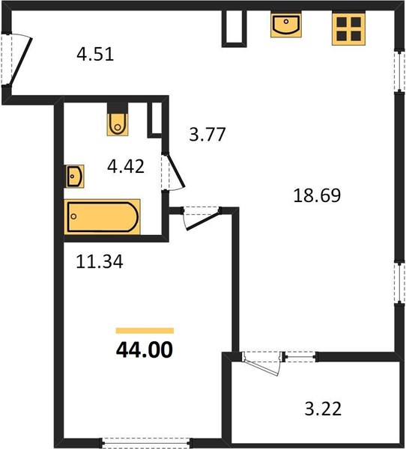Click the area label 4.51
[x=95, y=55]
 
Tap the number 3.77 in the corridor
[x=207, y=135]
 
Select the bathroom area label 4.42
[x=126, y=167]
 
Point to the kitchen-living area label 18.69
[x=317, y=196]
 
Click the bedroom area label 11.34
[x=100, y=262]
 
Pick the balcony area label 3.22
[x=323, y=409]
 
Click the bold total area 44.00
[x=145, y=350]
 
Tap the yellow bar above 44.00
[x=145, y=331]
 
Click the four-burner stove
[x=348, y=28]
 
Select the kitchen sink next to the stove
[x=286, y=25]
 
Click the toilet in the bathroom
[x=118, y=120]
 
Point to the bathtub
[x=102, y=217]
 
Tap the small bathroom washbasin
[x=75, y=177]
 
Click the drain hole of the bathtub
[x=73, y=216]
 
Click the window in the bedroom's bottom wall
[x=146, y=442]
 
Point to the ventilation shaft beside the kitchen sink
[x=234, y=28]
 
